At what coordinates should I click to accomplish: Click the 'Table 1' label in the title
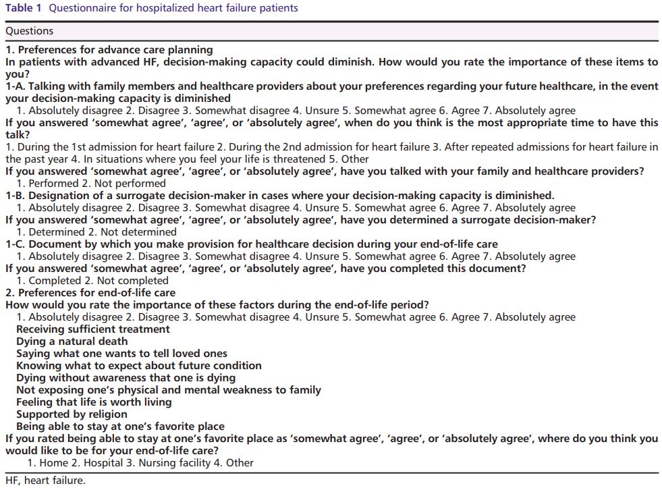pos(24,9)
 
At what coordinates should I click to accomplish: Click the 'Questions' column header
pos(29,31)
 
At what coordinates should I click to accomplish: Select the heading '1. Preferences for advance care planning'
pos(109,49)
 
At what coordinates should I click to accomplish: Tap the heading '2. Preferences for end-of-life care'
pos(90,293)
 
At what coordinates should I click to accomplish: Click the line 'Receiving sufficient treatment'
pos(93,329)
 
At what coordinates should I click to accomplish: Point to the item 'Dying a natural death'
pos(72,342)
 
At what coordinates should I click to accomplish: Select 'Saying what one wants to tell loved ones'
pos(121,354)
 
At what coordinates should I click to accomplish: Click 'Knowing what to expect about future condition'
pos(138,366)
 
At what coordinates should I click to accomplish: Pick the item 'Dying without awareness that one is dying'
pos(126,378)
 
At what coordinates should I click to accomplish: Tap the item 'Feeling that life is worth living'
pos(94,402)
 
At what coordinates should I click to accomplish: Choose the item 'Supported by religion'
pos(72,414)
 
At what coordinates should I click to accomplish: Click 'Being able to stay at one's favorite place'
pos(120,427)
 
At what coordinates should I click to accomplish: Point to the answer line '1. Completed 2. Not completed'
pos(92,281)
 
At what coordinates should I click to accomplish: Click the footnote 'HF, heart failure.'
pos(45,481)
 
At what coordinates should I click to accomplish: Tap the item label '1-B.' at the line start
pos(16,196)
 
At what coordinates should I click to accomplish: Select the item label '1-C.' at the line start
pos(16,244)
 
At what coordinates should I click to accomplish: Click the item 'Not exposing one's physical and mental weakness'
pos(169,390)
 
